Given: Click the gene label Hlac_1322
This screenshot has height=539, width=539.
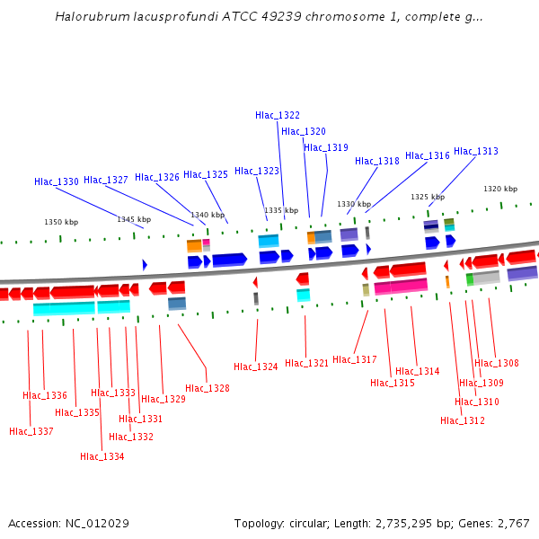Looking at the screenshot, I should [x=278, y=115].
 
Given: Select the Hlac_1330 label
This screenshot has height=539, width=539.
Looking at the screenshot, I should [x=57, y=181].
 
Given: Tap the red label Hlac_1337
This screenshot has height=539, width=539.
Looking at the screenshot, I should [x=31, y=431].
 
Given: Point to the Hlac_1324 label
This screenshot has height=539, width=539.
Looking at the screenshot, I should [x=256, y=367].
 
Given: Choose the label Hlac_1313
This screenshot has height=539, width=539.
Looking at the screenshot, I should [x=475, y=151].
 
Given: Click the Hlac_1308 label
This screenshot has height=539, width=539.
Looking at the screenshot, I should [x=497, y=363].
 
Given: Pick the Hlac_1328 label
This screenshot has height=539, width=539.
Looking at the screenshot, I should [x=208, y=388].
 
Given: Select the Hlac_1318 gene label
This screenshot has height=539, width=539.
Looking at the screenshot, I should [x=377, y=162].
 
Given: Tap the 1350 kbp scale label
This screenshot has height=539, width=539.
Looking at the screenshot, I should [x=61, y=222].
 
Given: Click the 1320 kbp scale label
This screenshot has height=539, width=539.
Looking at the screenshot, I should [x=500, y=189].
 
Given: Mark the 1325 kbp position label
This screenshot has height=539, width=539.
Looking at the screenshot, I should [x=428, y=197].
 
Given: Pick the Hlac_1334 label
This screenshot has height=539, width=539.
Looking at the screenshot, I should [x=102, y=456].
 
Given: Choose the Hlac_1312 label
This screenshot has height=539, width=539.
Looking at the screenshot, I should [x=463, y=420].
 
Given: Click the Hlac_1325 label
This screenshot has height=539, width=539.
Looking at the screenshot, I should [x=206, y=174].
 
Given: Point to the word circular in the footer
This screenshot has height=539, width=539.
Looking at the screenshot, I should [x=311, y=523].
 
